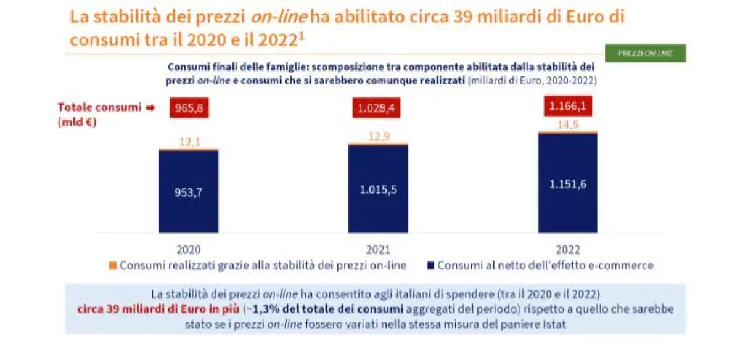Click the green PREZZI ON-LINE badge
[x=645, y=54]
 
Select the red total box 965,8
[x=188, y=109]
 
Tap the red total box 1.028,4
[x=377, y=109]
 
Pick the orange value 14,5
[x=567, y=124]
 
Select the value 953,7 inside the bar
[x=188, y=192]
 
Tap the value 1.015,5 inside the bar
[x=377, y=189]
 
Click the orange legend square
[x=112, y=266]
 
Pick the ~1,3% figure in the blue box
[x=258, y=308]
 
